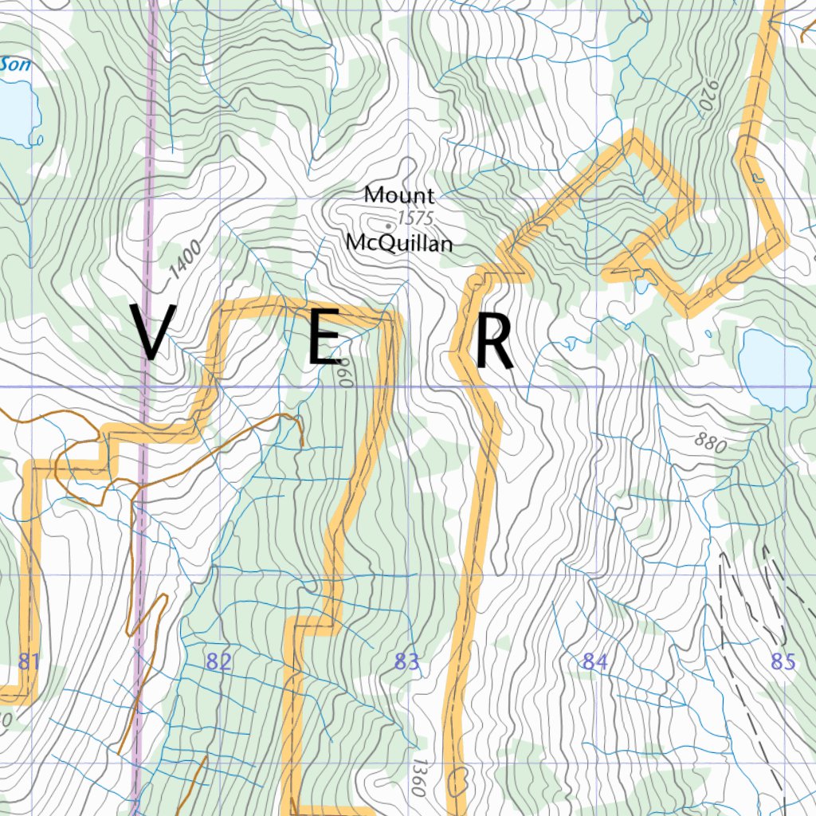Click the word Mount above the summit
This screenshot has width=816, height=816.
399,194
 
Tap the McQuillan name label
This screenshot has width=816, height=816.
399,243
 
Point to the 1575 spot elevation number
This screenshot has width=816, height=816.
414,218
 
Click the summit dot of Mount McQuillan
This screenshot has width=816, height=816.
388,226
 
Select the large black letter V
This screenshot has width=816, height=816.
152,332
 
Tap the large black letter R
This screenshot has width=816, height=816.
494,343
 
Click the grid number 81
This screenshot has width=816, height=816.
29,661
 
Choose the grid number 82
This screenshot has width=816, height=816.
218,661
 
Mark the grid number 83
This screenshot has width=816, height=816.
406,661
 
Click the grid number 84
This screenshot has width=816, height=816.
594,661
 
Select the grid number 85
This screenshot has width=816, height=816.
783,661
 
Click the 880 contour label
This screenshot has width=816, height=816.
709,443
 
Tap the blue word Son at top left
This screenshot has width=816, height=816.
16,65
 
